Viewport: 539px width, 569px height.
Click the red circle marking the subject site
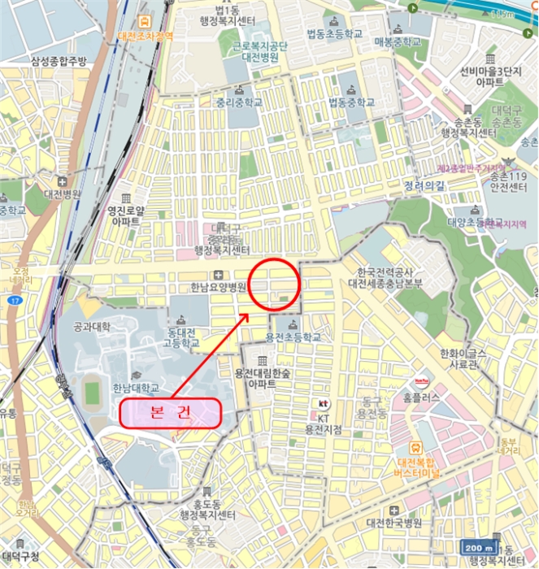coord(275,284)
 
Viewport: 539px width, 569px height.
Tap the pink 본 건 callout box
coord(172,413)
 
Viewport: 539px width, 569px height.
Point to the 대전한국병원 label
coord(394,522)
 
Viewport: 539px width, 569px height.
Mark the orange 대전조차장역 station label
coord(146,36)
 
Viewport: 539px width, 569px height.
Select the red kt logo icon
coord(323,404)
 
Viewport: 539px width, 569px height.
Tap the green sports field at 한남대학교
coord(91,393)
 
